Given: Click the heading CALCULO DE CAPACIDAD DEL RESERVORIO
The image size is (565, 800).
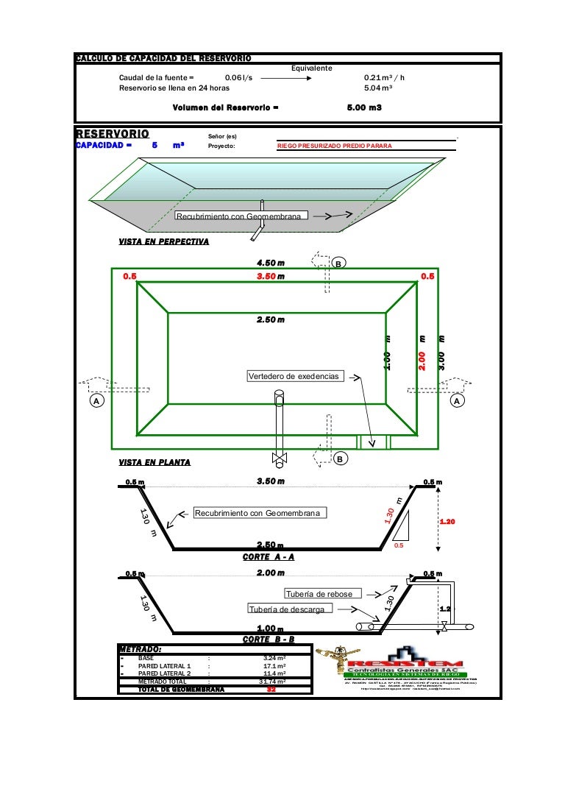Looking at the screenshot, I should click(x=163, y=58).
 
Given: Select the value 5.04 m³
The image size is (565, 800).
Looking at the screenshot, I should click(x=378, y=88).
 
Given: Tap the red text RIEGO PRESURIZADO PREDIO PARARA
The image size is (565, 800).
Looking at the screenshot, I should click(x=335, y=146).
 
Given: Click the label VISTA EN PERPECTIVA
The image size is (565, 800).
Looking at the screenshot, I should click(x=163, y=241).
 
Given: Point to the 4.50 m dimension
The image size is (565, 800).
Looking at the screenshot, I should click(x=271, y=263).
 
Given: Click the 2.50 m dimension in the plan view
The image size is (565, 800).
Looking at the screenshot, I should click(x=271, y=319).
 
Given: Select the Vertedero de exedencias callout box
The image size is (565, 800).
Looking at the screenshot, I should click(x=295, y=376).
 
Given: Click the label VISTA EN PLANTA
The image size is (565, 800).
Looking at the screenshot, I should click(x=154, y=462).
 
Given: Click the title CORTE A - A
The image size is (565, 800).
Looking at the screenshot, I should click(x=269, y=556).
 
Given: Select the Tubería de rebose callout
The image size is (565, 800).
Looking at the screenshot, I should click(x=324, y=594).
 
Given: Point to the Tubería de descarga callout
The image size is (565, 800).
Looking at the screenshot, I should click(x=291, y=609).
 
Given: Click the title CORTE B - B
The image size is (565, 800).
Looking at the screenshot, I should click(x=269, y=639).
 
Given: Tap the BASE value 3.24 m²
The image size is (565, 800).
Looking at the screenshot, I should click(x=275, y=657).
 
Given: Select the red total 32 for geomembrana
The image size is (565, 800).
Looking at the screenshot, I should click(x=271, y=689).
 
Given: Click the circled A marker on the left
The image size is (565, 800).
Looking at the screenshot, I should click(x=96, y=401).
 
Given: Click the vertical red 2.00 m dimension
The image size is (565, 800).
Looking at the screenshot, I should click(x=422, y=355).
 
